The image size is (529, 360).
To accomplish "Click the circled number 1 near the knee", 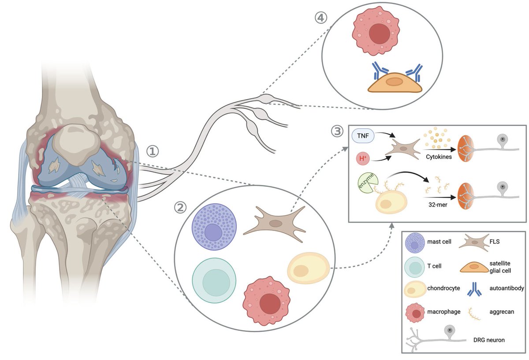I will point(152,152).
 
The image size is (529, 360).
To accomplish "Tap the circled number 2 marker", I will point(180,208).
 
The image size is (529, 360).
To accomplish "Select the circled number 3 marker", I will point(337,131).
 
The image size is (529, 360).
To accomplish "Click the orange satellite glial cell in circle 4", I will point(395,82).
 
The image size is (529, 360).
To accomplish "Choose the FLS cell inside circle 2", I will point(276,224).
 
